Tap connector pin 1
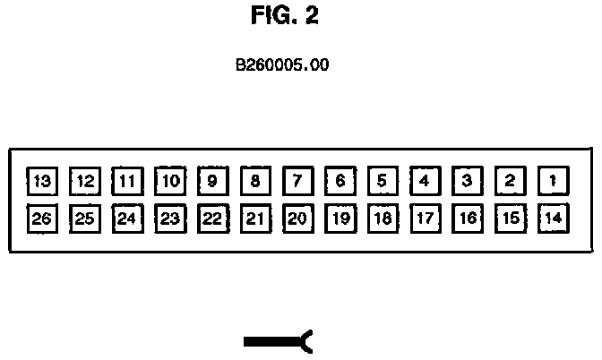pos(553,182)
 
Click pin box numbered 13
pos(41,182)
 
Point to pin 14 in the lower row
pos(553,218)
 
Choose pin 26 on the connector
pos(41,218)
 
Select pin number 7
pos(297,182)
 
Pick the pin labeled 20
pos(297,218)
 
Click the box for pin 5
pos(382,182)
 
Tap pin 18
pos(382,218)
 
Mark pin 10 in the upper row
pos(169,182)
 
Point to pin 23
pos(169,218)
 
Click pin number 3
pos(467,182)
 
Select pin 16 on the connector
pos(467,218)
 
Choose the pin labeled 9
pos(211,182)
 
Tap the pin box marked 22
pos(211,218)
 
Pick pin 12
pos(84,182)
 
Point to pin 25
pos(84,218)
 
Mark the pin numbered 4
pos(425,182)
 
